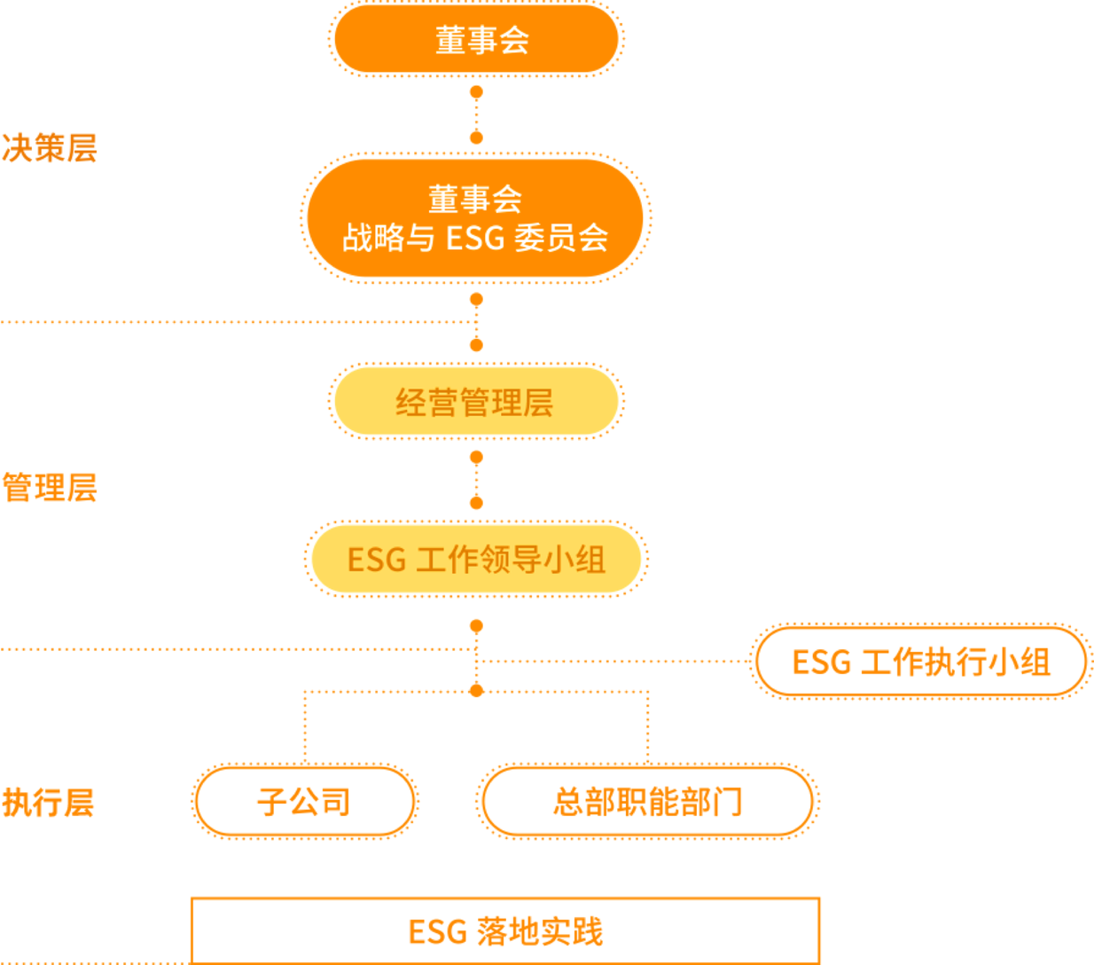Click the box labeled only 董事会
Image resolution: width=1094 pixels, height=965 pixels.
(476, 40)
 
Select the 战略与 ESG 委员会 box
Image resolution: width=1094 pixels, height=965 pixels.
(476, 218)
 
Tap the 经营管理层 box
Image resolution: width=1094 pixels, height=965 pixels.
(476, 402)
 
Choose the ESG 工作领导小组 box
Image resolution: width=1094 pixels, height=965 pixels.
(476, 560)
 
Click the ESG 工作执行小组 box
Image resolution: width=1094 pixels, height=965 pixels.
(920, 662)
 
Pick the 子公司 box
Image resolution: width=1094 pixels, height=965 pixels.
(304, 802)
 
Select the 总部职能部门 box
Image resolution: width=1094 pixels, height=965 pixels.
(647, 802)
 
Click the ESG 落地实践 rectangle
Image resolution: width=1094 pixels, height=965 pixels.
(505, 930)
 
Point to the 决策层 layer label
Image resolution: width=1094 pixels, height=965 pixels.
(50, 147)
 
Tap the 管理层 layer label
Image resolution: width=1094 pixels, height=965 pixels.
(50, 488)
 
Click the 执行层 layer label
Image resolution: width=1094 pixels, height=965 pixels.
(48, 802)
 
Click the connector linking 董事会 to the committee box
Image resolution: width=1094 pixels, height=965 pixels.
(476, 114)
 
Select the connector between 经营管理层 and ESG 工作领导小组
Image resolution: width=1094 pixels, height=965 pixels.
(476, 480)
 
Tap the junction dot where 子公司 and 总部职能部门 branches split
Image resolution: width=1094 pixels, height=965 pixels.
(476, 690)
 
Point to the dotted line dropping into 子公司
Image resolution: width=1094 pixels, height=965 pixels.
(304, 727)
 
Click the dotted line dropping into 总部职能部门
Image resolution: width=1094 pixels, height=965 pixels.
(648, 727)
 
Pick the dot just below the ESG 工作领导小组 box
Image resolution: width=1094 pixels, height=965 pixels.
(476, 626)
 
